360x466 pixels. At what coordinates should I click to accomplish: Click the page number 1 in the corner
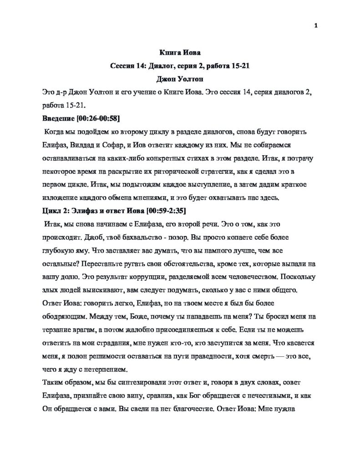[x=315, y=26]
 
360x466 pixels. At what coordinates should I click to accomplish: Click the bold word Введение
[x=58, y=118]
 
